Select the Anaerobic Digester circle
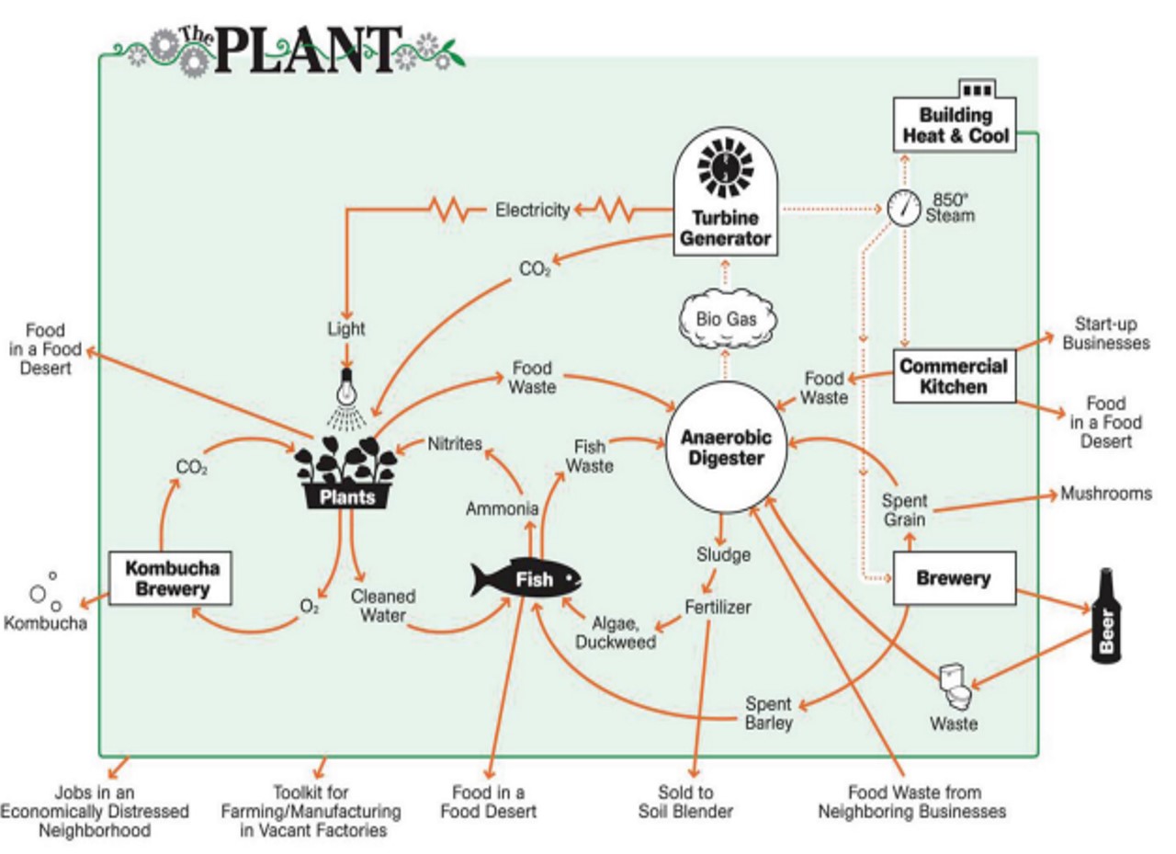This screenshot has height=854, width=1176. (722, 448)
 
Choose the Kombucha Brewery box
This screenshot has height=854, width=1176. (170, 578)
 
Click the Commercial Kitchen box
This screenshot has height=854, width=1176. (954, 376)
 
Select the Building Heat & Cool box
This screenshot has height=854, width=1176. (955, 126)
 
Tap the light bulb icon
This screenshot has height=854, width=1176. (346, 388)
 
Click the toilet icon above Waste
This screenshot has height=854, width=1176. (955, 685)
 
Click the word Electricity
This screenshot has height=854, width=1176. (533, 211)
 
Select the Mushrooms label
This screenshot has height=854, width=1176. (1105, 494)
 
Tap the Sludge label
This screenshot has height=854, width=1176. (723, 555)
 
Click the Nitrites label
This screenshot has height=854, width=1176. (455, 444)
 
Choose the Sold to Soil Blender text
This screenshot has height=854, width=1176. (685, 802)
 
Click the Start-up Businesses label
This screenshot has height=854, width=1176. (1106, 334)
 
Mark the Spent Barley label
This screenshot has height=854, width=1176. (768, 713)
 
